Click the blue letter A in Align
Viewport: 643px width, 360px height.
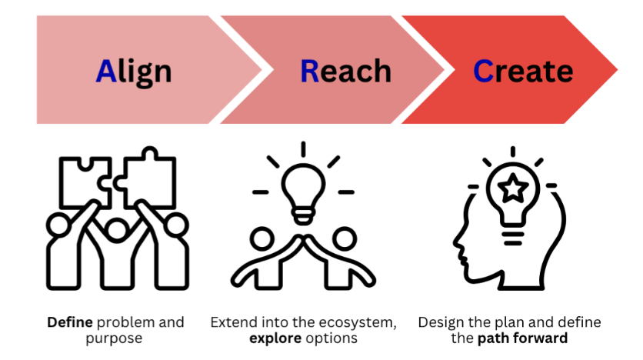tap(106, 71)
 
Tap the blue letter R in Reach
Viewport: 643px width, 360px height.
tap(310, 71)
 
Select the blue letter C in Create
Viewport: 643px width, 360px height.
tap(483, 71)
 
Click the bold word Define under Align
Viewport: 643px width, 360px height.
tap(70, 322)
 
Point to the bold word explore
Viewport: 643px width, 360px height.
tap(275, 338)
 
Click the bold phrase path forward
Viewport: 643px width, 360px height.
tap(522, 338)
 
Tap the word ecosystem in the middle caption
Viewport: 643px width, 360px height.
tap(357, 323)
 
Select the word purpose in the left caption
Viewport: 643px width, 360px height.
tap(114, 339)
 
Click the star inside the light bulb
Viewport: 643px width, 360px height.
tap(512, 188)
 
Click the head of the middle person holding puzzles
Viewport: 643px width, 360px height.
tap(117, 229)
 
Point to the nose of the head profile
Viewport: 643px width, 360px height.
tap(456, 242)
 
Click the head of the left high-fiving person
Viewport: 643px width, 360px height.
tap(262, 238)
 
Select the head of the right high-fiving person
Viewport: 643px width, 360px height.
tap(345, 238)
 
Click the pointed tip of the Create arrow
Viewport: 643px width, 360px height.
tap(617, 70)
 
